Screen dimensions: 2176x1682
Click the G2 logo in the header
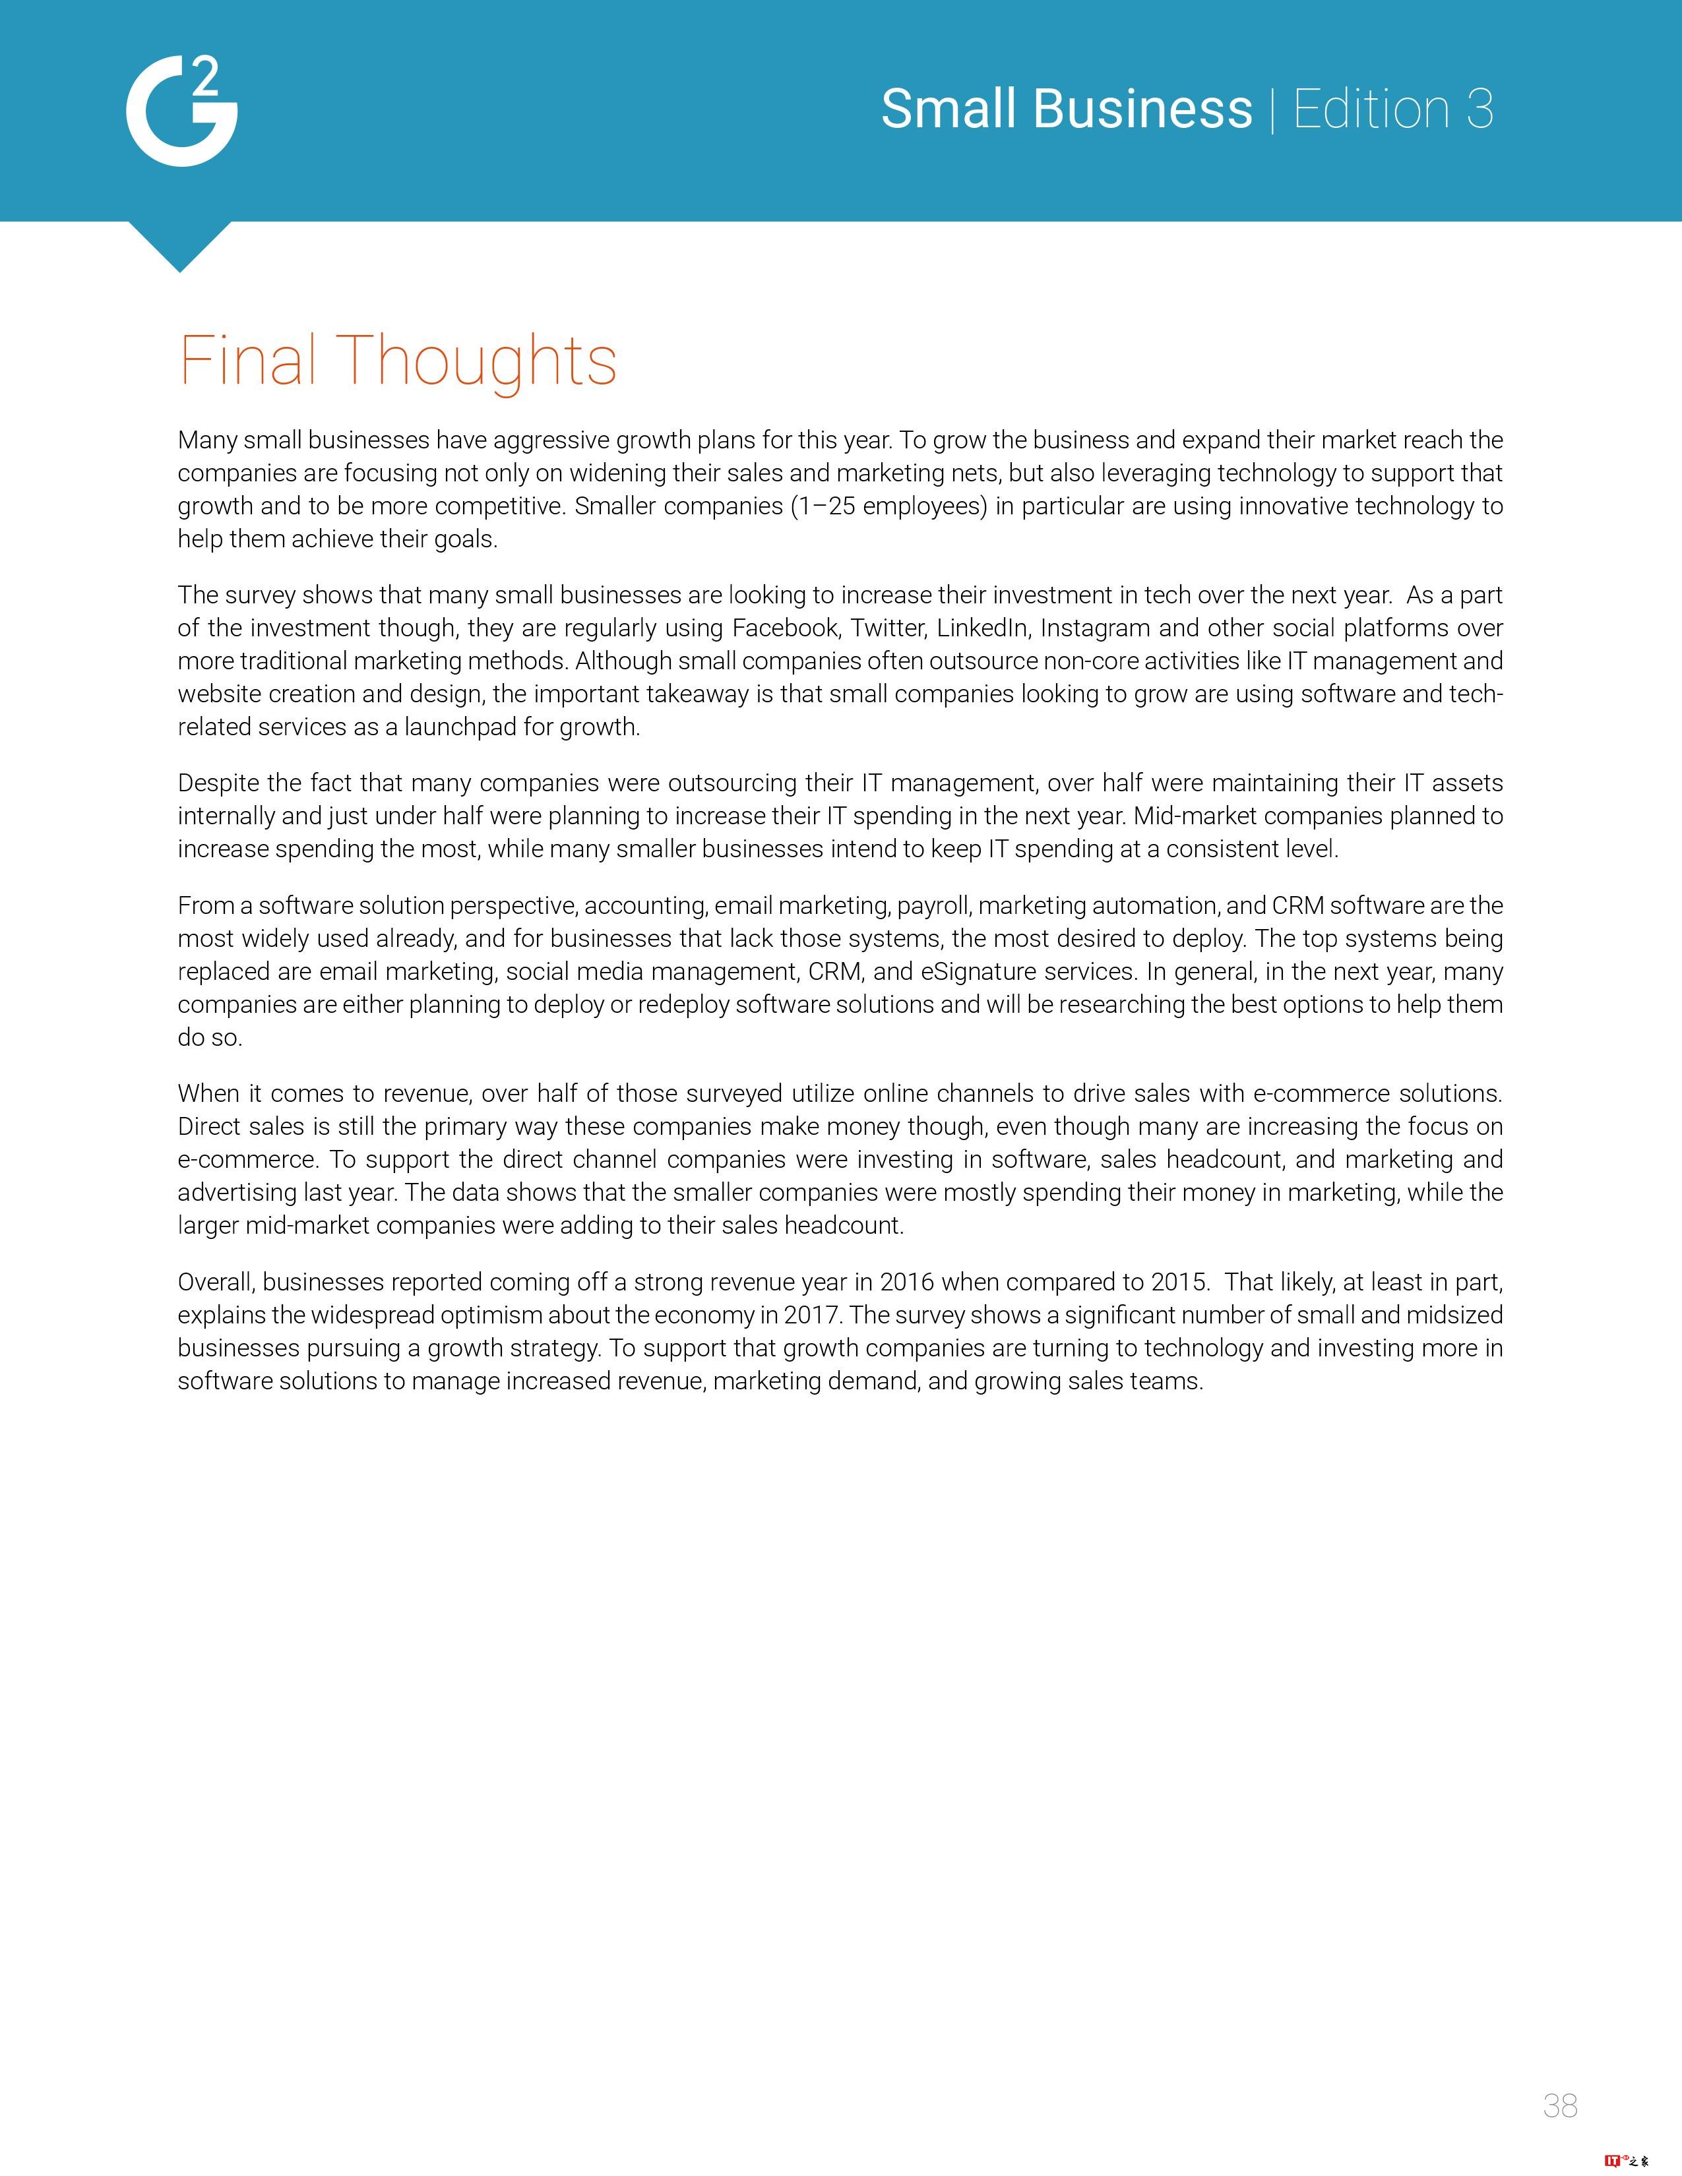(181, 111)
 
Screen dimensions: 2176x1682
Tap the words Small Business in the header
(1066, 109)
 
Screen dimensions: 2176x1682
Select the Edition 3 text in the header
(1393, 109)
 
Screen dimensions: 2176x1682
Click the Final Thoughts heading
(398, 361)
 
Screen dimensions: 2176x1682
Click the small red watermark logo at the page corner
(1626, 2161)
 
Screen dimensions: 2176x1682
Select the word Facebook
(785, 628)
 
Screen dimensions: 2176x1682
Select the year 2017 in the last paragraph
(812, 1315)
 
